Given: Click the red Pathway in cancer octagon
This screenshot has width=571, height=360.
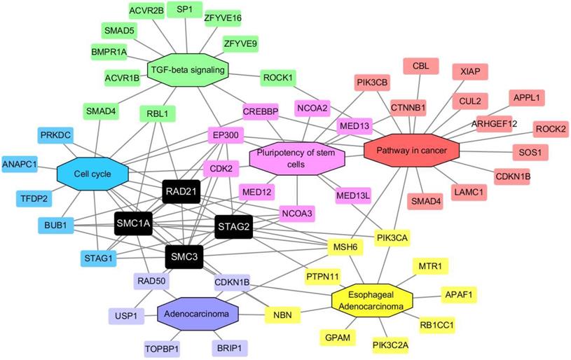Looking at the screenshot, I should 411,151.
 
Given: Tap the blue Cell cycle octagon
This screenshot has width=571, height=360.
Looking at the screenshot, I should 93,172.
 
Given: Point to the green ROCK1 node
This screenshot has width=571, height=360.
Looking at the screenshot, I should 277,76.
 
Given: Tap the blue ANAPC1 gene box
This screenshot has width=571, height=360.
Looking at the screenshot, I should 20,164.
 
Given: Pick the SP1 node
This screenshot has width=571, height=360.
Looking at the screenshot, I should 185,9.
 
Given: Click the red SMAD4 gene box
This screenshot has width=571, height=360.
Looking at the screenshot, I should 420,203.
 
